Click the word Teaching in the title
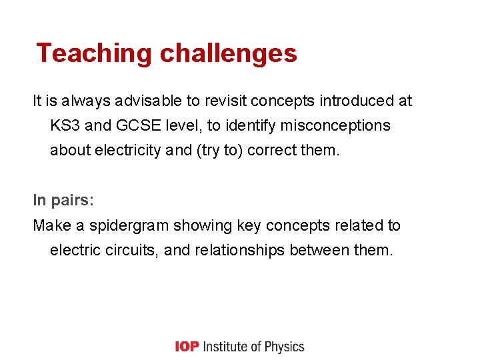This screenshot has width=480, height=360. (x=93, y=53)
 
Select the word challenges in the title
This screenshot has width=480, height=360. (x=227, y=53)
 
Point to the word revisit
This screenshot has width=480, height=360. (x=225, y=101)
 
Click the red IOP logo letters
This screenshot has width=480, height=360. (x=186, y=347)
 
